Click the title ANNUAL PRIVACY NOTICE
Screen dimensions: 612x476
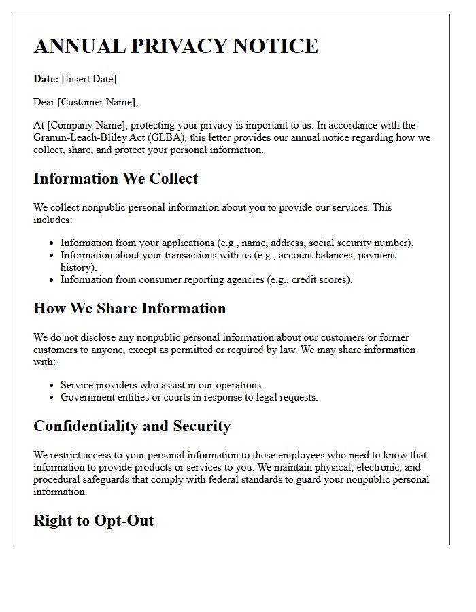pyautogui.click(x=175, y=46)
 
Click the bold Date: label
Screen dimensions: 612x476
pyautogui.click(x=46, y=79)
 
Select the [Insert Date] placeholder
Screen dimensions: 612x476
pyautogui.click(x=89, y=79)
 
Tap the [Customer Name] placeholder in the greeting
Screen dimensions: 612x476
pyautogui.click(x=98, y=102)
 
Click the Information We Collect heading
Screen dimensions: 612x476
pyautogui.click(x=116, y=179)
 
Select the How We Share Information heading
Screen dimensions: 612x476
pyautogui.click(x=129, y=309)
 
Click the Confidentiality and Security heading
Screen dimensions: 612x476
pyautogui.click(x=132, y=426)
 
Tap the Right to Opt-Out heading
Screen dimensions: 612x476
pyautogui.click(x=93, y=521)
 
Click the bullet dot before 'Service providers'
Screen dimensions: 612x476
pyautogui.click(x=52, y=386)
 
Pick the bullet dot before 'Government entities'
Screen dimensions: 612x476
pyautogui.click(x=52, y=398)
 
